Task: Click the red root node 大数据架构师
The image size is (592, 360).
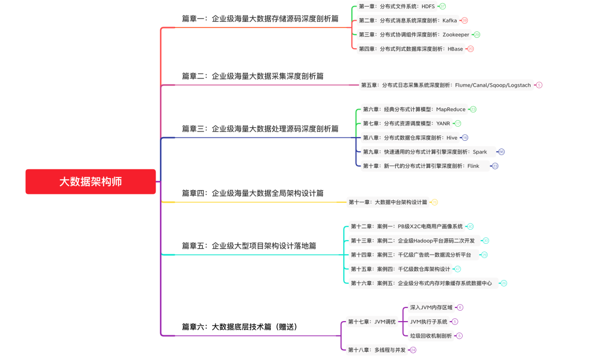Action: coord(90,181)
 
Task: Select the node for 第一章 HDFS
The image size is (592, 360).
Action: coord(396,7)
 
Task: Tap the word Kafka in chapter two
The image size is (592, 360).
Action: coord(449,21)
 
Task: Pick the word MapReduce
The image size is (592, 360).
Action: coord(451,110)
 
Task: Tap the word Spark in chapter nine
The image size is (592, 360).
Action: coord(480,152)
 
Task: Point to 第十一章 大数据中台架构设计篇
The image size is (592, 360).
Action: coord(388,202)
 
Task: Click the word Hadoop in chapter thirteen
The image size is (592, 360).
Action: coord(432,241)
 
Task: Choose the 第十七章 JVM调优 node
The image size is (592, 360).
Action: coord(372,322)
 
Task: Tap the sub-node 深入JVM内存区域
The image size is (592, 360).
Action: coord(432,307)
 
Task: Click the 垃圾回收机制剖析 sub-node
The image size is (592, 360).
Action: coord(431,336)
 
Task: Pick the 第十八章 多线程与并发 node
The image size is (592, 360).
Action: coord(377,350)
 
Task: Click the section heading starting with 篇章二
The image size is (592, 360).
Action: coord(253,76)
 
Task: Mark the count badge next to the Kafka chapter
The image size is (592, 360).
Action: coord(465,21)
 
